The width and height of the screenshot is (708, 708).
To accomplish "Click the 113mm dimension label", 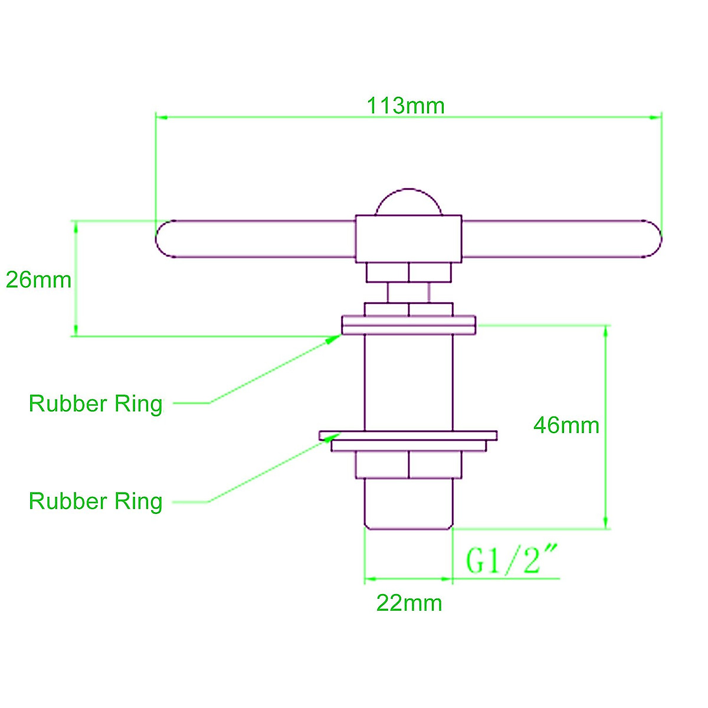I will coord(405,106).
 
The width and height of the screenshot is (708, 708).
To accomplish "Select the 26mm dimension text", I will coord(38,280).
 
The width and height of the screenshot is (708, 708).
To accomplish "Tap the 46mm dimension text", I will coord(566,425).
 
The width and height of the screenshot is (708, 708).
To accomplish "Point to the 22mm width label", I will coord(409,603).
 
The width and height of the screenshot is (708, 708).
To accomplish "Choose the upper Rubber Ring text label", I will coord(96,404).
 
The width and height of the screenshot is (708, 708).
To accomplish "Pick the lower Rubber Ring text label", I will coord(96,501).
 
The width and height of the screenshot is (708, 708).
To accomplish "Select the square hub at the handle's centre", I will coord(408,239).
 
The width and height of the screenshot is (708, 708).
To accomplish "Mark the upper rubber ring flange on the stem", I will coord(408,325).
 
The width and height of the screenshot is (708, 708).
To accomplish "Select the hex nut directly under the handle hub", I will coord(408,273).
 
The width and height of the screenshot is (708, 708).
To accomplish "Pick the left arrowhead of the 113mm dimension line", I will coord(162,117).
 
